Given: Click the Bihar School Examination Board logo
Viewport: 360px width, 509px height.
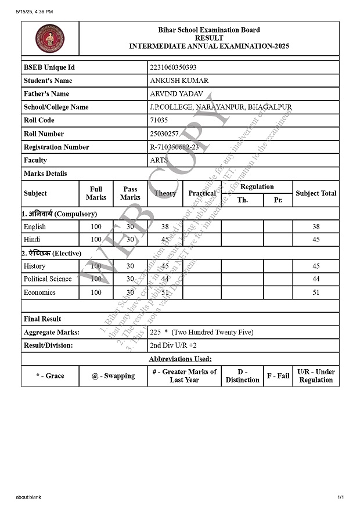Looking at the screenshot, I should pyautogui.click(x=50, y=39).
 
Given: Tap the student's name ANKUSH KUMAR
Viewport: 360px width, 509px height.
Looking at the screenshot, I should pyautogui.click(x=179, y=81).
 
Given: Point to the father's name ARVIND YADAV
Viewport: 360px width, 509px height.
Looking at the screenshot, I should pyautogui.click(x=178, y=94).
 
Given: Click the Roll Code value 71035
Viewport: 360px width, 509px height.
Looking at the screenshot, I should pyautogui.click(x=159, y=120).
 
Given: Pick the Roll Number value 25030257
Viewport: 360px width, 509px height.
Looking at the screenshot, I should pyautogui.click(x=164, y=133).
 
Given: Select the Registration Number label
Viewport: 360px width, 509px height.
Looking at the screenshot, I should pyautogui.click(x=56, y=147).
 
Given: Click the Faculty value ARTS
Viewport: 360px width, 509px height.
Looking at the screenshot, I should pyautogui.click(x=159, y=160).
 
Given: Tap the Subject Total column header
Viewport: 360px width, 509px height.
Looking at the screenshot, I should pyautogui.click(x=316, y=193).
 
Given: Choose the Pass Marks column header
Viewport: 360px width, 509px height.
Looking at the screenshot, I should pyautogui.click(x=130, y=193).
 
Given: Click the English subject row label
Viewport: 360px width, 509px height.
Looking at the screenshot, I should pyautogui.click(x=35, y=226).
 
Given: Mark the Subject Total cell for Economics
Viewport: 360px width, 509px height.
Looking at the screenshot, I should pyautogui.click(x=316, y=293).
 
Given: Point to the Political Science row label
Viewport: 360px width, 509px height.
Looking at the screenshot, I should pyautogui.click(x=48, y=279).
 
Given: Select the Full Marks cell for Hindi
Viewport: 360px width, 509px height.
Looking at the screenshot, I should pyautogui.click(x=96, y=240).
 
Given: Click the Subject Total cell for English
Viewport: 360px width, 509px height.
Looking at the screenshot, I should pyautogui.click(x=316, y=226).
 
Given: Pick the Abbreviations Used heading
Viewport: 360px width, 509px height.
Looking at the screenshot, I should pyautogui.click(x=180, y=359).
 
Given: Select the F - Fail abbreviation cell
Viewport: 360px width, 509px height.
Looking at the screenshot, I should pyautogui.click(x=278, y=376).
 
